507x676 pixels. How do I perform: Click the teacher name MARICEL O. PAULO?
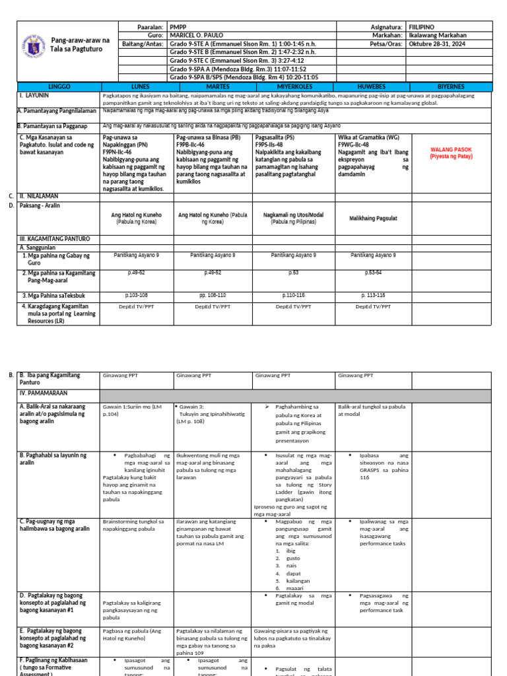[x=198, y=36]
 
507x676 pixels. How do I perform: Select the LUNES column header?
[x=140, y=86]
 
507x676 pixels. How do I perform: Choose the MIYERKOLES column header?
[x=294, y=86]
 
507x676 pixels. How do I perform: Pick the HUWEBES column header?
[x=371, y=86]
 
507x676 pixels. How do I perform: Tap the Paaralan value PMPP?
[x=179, y=26]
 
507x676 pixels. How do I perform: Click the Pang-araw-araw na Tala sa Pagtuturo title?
[x=80, y=45]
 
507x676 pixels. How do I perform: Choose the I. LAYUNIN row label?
[x=34, y=95]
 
